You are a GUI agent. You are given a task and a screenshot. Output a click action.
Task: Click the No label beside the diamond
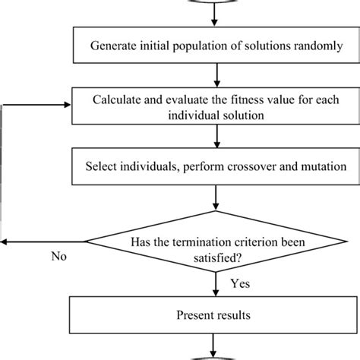[58, 257]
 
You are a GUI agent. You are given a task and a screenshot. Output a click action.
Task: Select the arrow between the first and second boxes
[217, 74]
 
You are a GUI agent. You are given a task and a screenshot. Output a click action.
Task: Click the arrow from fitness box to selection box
[217, 137]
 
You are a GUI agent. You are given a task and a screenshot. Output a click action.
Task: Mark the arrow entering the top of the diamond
[217, 199]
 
